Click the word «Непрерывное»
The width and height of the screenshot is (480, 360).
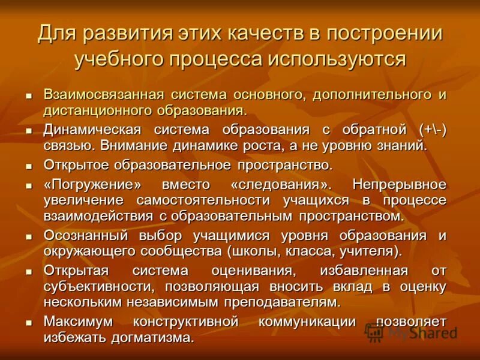pyautogui.click(x=399, y=183)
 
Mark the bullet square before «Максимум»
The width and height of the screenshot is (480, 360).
pyautogui.click(x=28, y=323)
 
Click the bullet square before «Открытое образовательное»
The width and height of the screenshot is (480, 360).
pyautogui.click(x=28, y=166)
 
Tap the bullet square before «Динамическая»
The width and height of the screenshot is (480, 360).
pyautogui.click(x=28, y=131)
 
